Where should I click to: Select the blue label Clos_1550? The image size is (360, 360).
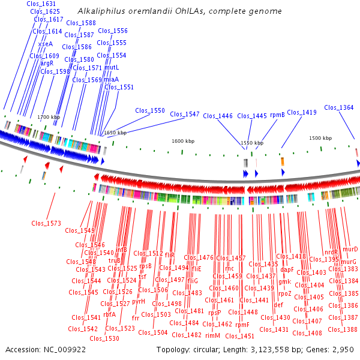click(149, 110)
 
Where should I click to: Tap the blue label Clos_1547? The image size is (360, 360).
click(184, 114)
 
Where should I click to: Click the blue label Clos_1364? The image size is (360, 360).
click(338, 107)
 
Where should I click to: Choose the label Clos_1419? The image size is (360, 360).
click(301, 112)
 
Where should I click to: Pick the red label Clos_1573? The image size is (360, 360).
click(46, 223)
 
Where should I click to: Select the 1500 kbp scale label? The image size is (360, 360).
click(320, 138)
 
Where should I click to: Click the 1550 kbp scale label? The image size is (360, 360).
click(252, 143)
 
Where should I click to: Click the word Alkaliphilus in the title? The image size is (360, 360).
click(100, 11)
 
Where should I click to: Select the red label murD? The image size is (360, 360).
click(350, 249)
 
